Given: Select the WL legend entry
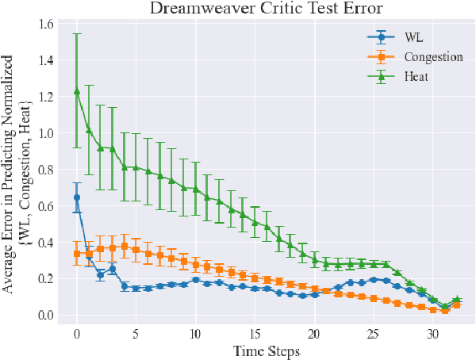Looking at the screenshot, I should (x=413, y=36).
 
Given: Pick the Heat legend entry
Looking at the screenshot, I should (x=417, y=76).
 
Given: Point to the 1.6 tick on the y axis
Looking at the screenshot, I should (x=45, y=25).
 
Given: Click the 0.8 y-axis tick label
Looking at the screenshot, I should (x=45, y=170).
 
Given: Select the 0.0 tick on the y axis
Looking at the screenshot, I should (x=45, y=316).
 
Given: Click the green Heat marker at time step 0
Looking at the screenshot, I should (x=77, y=91).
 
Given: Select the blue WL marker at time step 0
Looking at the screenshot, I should (x=77, y=197).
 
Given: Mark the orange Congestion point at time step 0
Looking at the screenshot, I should (x=77, y=254).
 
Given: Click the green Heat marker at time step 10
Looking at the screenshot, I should (x=195, y=189).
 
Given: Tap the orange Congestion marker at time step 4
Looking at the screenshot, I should (x=125, y=247).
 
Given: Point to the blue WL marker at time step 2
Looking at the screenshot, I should (x=101, y=274).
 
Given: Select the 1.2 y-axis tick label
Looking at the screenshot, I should (x=45, y=98).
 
